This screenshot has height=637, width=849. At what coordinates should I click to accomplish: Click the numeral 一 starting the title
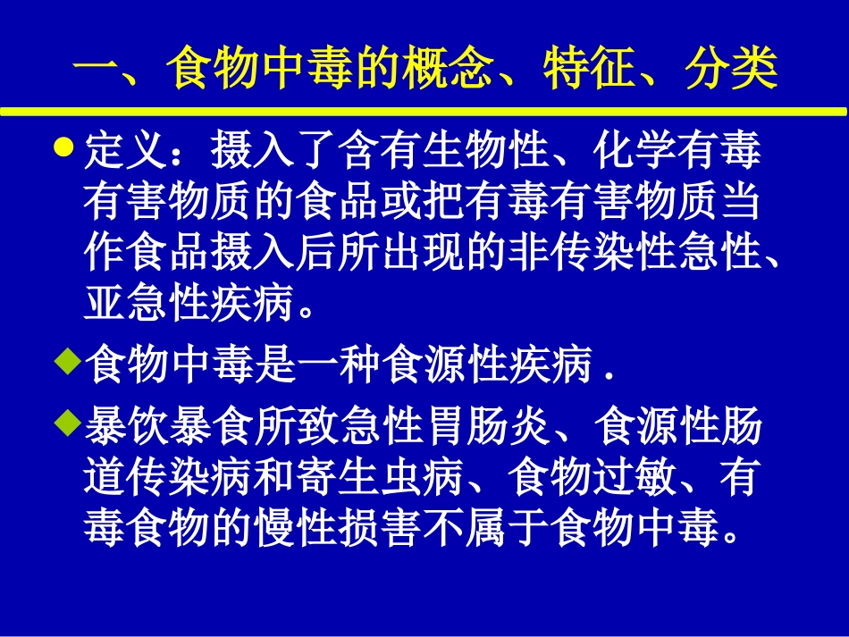pos(95,70)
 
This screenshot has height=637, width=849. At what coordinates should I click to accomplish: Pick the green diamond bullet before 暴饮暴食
pos(63,419)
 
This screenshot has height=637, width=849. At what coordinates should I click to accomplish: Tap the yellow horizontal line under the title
pos(424,113)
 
